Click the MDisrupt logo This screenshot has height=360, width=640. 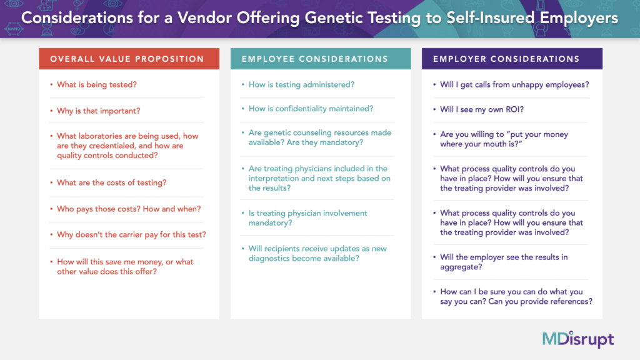(x=578, y=339)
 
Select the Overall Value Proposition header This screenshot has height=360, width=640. (x=127, y=59)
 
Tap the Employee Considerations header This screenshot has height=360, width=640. (x=315, y=59)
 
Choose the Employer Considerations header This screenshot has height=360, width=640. (x=506, y=59)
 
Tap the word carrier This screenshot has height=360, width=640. (x=153, y=235)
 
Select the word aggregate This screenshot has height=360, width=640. (x=461, y=267)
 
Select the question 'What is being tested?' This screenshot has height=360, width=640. (x=97, y=84)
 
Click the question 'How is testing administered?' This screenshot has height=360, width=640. (x=302, y=84)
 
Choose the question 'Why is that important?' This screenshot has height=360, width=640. (x=98, y=111)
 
